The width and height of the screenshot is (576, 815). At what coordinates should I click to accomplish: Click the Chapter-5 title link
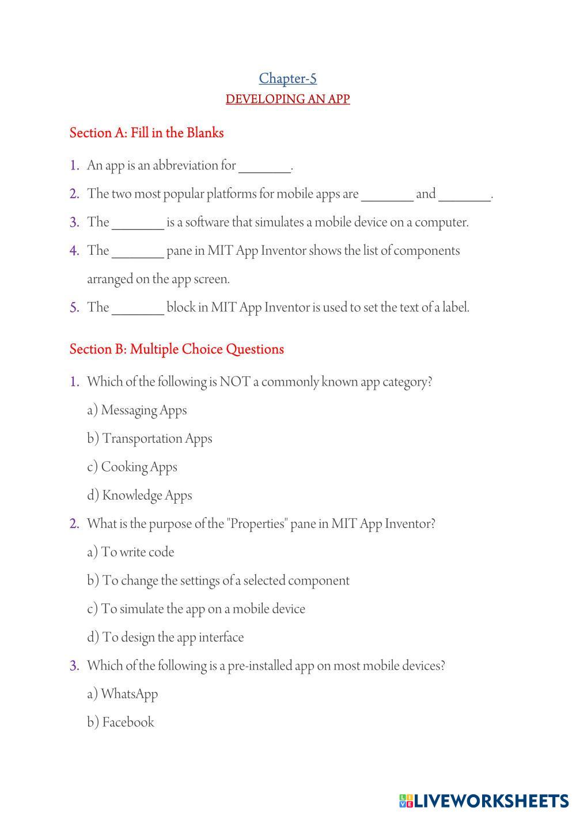(287, 78)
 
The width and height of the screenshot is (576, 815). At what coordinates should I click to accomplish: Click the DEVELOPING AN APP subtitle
(287, 99)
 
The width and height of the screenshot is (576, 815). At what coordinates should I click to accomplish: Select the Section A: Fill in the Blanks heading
(146, 133)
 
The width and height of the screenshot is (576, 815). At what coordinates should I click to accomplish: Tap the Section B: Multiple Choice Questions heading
(176, 349)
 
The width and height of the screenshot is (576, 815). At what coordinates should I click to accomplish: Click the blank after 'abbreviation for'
(264, 167)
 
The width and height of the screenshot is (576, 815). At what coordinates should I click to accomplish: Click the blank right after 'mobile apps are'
(387, 195)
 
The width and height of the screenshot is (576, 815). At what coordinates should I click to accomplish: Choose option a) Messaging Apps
(137, 410)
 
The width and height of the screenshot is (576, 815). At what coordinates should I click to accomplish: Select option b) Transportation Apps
(150, 439)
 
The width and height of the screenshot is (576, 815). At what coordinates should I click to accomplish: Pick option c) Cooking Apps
(132, 467)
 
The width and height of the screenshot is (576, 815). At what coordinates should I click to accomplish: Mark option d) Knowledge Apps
(140, 495)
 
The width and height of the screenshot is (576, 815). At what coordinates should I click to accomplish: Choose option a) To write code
(131, 552)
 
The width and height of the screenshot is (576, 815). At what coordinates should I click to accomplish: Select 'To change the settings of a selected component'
(218, 580)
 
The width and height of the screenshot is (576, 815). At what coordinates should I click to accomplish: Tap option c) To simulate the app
(196, 609)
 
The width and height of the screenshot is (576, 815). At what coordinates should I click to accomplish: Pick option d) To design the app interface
(165, 637)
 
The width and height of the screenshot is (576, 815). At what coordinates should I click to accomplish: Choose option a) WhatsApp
(123, 694)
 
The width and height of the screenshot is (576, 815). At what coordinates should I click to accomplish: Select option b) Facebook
(121, 722)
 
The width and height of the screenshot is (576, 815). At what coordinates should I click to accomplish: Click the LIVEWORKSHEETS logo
(484, 801)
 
